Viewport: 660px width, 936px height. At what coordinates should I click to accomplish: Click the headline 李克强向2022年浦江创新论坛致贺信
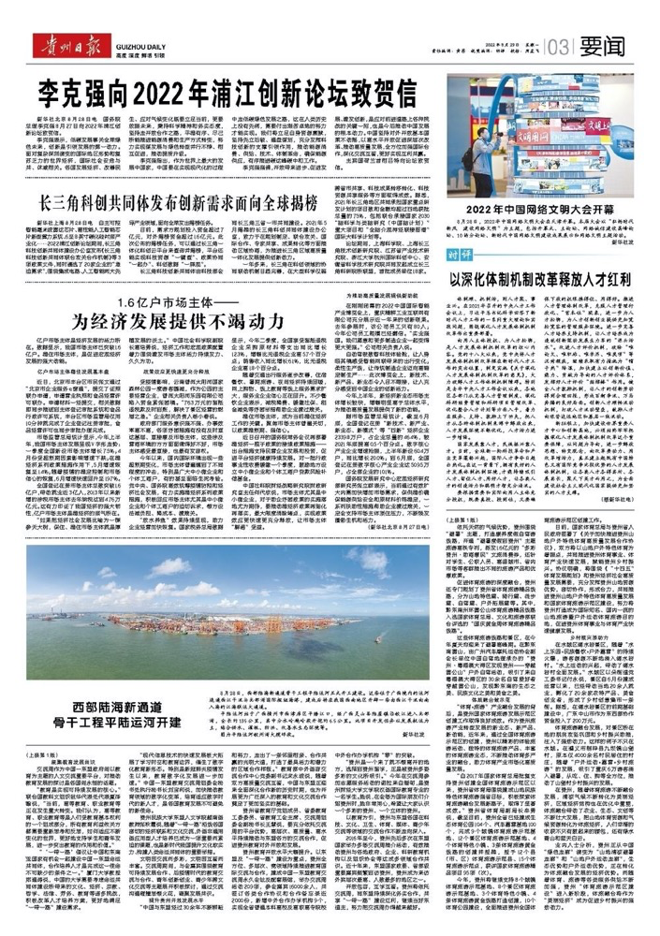(x=219, y=93)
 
